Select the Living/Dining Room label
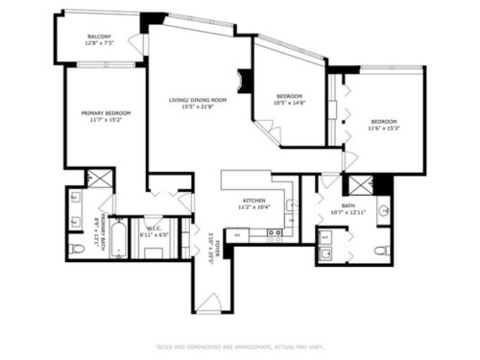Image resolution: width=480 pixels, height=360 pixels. (x=198, y=104)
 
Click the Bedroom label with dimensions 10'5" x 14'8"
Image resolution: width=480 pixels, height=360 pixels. (x=290, y=100)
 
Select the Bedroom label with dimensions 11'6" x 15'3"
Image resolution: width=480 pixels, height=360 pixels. (x=384, y=125)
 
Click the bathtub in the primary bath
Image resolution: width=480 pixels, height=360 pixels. (x=117, y=240)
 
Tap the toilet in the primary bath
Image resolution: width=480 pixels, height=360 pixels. (x=78, y=249)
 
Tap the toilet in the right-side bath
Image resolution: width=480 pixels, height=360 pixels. (x=381, y=251)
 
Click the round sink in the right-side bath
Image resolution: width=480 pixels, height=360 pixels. (x=382, y=208)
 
